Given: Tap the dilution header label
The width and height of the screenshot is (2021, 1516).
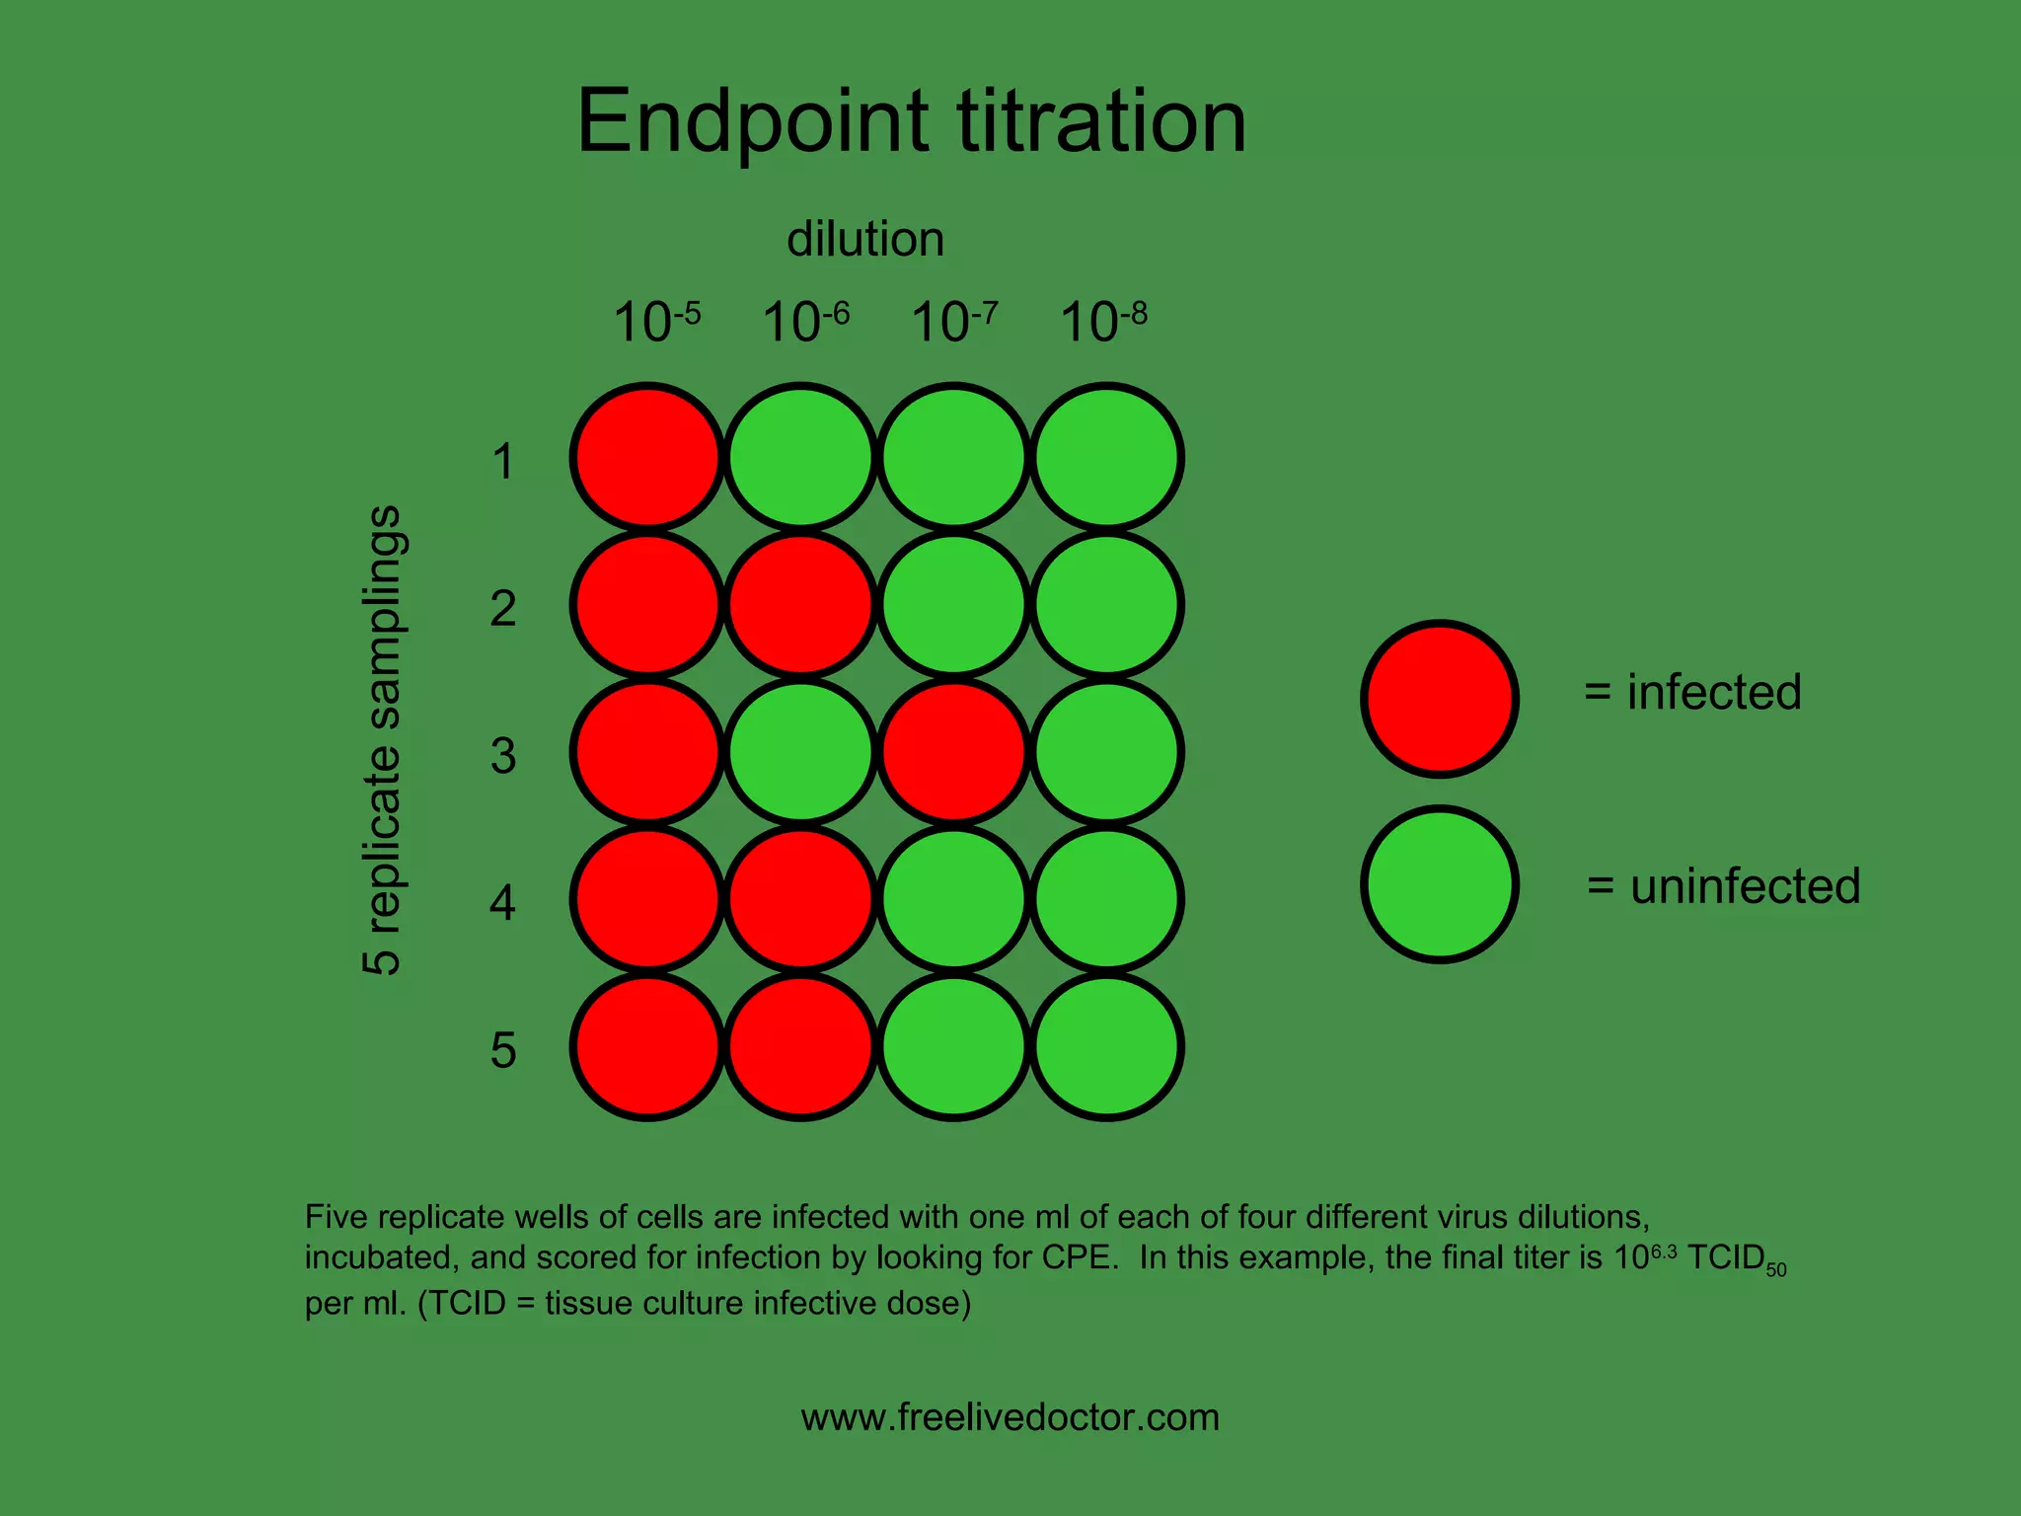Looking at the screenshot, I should (x=865, y=240).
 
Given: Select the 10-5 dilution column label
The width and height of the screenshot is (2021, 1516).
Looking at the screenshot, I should (x=656, y=322).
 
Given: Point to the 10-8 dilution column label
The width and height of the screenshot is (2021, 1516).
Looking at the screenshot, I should (x=1103, y=322).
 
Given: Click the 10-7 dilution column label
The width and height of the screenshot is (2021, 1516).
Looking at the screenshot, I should (x=954, y=322).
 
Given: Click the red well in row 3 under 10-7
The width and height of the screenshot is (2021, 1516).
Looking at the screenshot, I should (x=953, y=751).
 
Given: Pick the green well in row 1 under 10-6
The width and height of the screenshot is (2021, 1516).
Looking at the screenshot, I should (x=800, y=457).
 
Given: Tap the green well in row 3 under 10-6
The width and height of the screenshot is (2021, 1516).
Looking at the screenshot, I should (x=800, y=751).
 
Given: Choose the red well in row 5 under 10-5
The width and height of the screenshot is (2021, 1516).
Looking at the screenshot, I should (x=647, y=1046).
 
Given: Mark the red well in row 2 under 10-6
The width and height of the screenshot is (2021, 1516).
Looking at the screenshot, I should (x=800, y=604).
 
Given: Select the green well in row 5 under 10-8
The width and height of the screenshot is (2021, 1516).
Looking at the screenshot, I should (x=1106, y=1046).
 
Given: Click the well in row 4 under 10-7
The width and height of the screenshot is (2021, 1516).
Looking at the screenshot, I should (x=953, y=898).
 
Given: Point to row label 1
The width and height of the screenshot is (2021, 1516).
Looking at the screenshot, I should (x=503, y=461).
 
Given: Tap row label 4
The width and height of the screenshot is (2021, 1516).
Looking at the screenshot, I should (x=503, y=902).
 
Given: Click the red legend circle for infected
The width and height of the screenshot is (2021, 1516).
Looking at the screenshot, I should (x=1440, y=699).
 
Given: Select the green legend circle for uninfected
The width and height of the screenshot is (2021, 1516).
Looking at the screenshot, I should (x=1440, y=884).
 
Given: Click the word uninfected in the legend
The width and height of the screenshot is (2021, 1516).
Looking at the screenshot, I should (x=1745, y=886).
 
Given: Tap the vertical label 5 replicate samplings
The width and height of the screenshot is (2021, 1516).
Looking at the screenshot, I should (x=383, y=740).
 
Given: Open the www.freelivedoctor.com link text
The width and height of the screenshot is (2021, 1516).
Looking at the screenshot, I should (x=1010, y=1417).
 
